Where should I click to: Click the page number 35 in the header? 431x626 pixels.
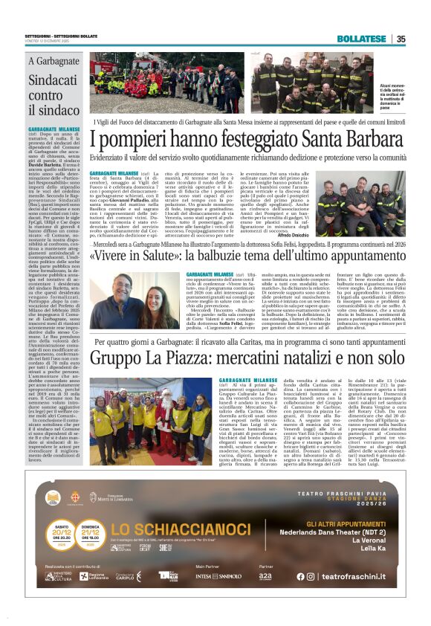coord(401,39)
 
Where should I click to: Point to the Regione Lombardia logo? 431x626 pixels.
coord(92,576)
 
